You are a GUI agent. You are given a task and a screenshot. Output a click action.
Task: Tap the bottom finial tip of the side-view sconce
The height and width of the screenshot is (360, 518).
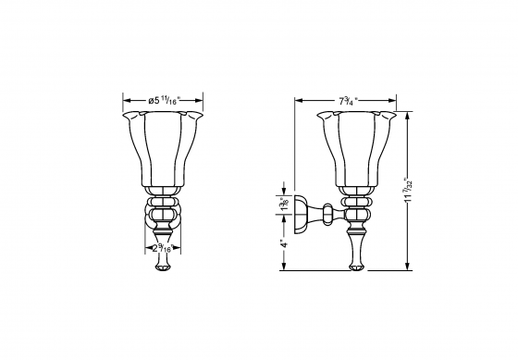click(356, 268)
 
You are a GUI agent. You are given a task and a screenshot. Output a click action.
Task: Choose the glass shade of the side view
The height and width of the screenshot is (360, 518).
click(357, 148)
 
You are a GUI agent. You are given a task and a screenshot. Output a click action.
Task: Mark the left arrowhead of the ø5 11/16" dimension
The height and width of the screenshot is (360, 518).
click(126, 100)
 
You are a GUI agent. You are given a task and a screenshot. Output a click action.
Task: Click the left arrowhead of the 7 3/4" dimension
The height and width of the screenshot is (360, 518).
click(297, 100)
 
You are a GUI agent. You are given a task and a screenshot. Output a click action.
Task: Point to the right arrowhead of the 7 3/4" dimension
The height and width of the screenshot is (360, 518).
click(397, 100)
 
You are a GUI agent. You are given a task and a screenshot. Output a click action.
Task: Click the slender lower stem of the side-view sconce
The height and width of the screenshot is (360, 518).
click(356, 245)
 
